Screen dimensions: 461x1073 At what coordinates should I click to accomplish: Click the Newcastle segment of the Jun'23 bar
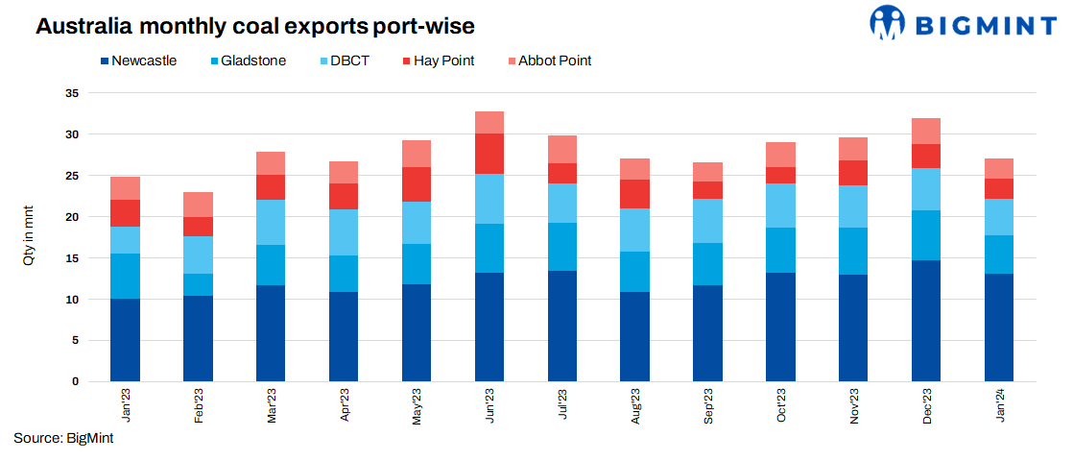pyautogui.click(x=489, y=327)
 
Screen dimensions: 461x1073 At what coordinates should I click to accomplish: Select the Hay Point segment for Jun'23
pyautogui.click(x=489, y=154)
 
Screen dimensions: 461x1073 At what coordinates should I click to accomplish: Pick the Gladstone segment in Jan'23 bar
pyautogui.click(x=126, y=276)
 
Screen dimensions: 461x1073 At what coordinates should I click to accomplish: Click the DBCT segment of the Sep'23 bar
pyautogui.click(x=708, y=221)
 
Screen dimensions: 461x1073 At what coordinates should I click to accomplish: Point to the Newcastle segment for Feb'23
pyautogui.click(x=199, y=338)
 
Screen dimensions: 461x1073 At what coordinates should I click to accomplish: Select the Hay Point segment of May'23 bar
pyautogui.click(x=417, y=184)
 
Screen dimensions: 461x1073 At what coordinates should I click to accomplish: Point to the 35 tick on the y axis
pyautogui.click(x=70, y=94)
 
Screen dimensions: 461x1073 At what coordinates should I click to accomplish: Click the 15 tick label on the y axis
pyautogui.click(x=70, y=258)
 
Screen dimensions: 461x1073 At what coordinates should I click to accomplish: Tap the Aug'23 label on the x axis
pyautogui.click(x=635, y=404)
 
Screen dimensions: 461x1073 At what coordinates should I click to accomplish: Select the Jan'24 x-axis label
pyautogui.click(x=1000, y=404)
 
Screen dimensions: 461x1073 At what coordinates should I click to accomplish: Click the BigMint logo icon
pyautogui.click(x=889, y=23)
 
